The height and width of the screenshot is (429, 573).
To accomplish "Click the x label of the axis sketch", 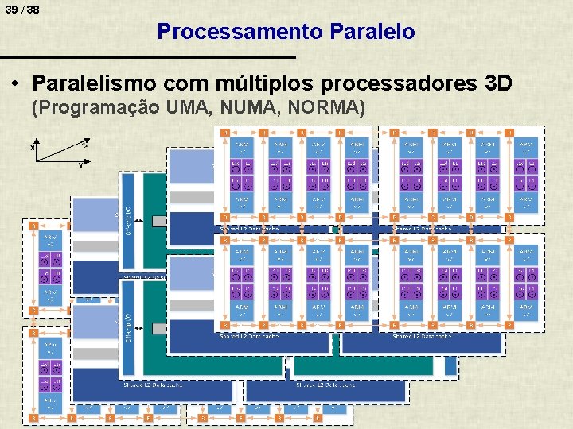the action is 33,147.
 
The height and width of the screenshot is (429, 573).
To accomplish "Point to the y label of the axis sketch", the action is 80,166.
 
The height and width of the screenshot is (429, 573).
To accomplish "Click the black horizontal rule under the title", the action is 147,57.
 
